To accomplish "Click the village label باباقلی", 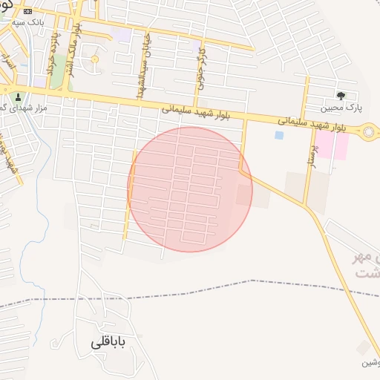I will point(108,343).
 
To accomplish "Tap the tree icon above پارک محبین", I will point(341,95).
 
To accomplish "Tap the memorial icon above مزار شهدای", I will point(18,97).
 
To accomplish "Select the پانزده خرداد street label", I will point(51,58).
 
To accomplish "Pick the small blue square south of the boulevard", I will point(279,135).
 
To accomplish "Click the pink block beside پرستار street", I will point(332,145).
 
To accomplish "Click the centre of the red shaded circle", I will point(190,189).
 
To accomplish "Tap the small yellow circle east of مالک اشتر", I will point(94,59).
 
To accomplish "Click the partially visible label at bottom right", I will point(370,363).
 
